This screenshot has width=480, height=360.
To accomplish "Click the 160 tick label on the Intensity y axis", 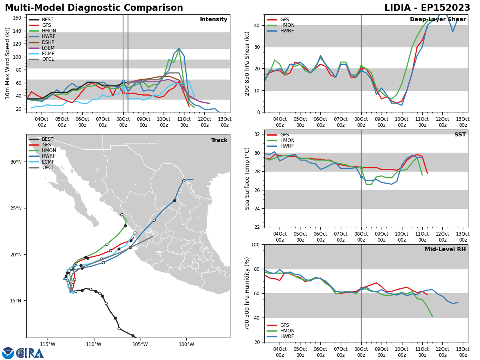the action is [x=17, y=18].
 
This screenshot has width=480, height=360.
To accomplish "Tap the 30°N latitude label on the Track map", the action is [x=16, y=162].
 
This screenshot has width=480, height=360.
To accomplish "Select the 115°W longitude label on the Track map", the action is [x=48, y=344].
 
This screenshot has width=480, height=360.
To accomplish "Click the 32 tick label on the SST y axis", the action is [x=257, y=134].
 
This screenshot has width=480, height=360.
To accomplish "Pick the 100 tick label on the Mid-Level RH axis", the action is [x=256, y=245].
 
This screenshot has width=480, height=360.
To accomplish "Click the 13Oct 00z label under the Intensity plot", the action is [x=224, y=122].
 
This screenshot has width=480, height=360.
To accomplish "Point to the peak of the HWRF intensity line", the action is [x=179, y=48].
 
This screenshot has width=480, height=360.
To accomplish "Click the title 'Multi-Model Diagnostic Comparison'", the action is [x=94, y=8].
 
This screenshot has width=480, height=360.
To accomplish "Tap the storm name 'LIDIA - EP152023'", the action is [x=427, y=8].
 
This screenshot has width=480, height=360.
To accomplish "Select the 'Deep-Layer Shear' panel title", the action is [x=438, y=19].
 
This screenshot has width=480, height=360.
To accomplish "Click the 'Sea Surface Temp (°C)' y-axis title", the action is [x=247, y=179].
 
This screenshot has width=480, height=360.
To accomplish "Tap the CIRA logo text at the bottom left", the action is [x=30, y=353].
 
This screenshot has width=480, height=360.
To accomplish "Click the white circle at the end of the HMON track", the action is [x=122, y=215].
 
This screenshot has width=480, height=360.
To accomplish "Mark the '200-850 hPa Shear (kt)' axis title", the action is [x=247, y=64].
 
